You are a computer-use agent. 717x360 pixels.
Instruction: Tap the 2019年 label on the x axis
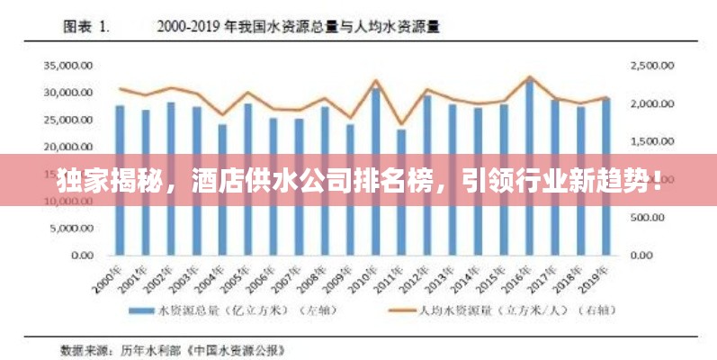point(596,278)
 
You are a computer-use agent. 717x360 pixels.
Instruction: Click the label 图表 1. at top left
point(85,27)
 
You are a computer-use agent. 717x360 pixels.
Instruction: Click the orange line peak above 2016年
point(530,77)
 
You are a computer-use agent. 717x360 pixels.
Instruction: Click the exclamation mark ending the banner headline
point(659,180)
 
